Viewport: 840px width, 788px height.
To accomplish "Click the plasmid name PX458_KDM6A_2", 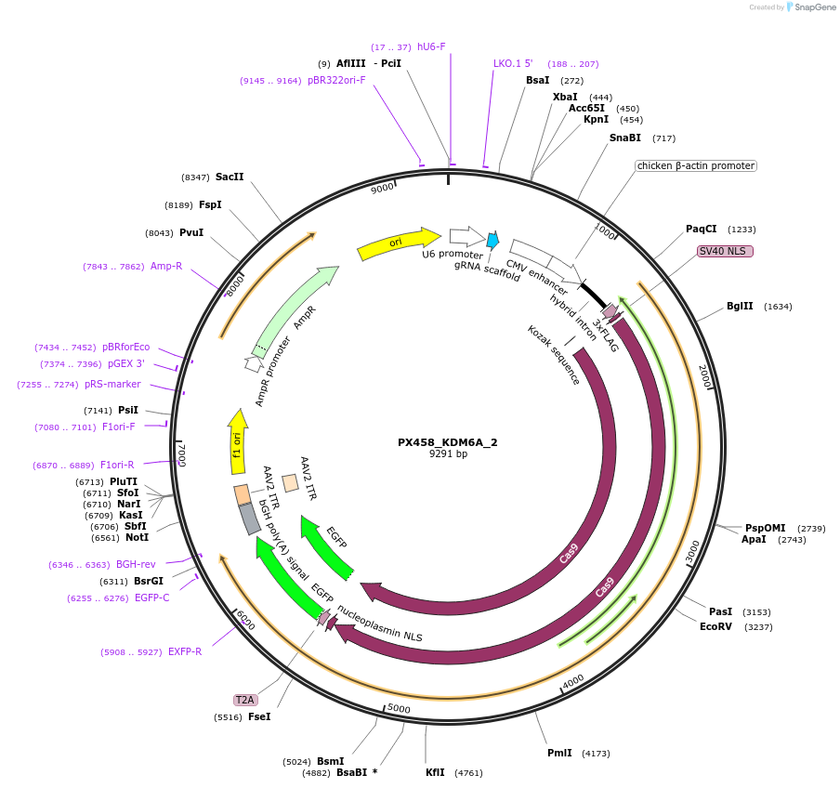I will (x=448, y=442).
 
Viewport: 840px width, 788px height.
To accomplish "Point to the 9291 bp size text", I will (x=448, y=454).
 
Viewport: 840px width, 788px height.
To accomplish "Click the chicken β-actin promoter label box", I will (x=695, y=166).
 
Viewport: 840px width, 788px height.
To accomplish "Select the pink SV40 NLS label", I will (x=725, y=251).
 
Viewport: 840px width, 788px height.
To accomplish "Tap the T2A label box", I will (x=245, y=700).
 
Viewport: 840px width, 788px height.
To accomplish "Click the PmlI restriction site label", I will (x=559, y=754).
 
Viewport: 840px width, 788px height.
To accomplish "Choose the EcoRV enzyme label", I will (x=716, y=627).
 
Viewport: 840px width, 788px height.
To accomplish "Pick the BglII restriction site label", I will (x=741, y=307).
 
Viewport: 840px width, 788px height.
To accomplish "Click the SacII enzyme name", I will (x=230, y=177).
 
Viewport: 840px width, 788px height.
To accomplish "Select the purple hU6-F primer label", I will (x=431, y=46).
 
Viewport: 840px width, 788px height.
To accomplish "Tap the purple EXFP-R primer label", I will (x=185, y=651).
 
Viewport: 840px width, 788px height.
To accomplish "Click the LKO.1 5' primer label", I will (x=513, y=64).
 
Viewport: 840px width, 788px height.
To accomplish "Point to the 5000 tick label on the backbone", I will (x=399, y=709).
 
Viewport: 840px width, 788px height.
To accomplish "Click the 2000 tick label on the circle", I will (x=705, y=377).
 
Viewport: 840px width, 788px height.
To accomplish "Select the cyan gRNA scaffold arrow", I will (x=492, y=241).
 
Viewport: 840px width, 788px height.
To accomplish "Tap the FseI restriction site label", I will (x=259, y=716).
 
